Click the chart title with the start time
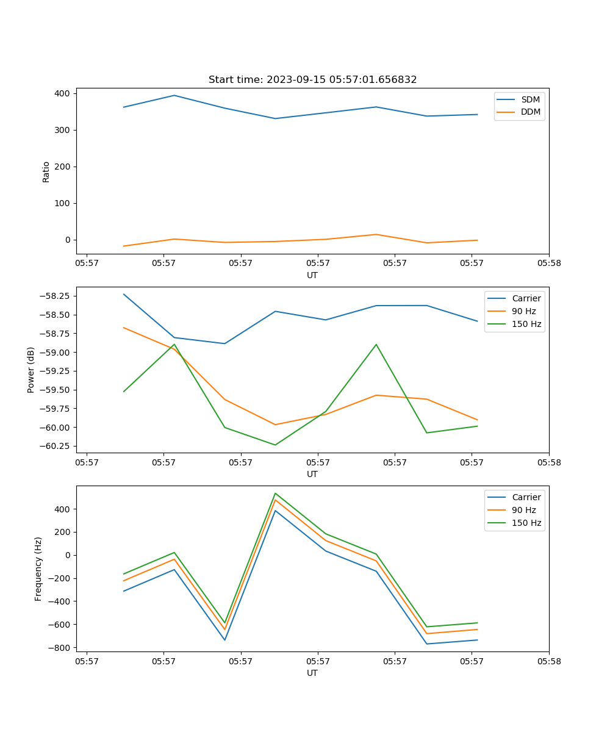(x=312, y=80)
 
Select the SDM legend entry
(x=530, y=99)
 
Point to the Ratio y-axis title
(x=46, y=171)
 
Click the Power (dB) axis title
(x=31, y=370)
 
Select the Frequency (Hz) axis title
(x=38, y=569)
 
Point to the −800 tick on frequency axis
(x=59, y=647)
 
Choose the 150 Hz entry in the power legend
(x=526, y=324)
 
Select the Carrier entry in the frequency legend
(x=526, y=497)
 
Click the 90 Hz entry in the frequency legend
(x=523, y=510)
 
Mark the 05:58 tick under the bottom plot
(x=548, y=661)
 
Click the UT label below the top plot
(x=312, y=275)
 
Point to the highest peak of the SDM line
(x=174, y=95)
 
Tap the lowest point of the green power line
(x=275, y=445)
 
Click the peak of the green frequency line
(x=275, y=493)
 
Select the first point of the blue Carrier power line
(x=124, y=294)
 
